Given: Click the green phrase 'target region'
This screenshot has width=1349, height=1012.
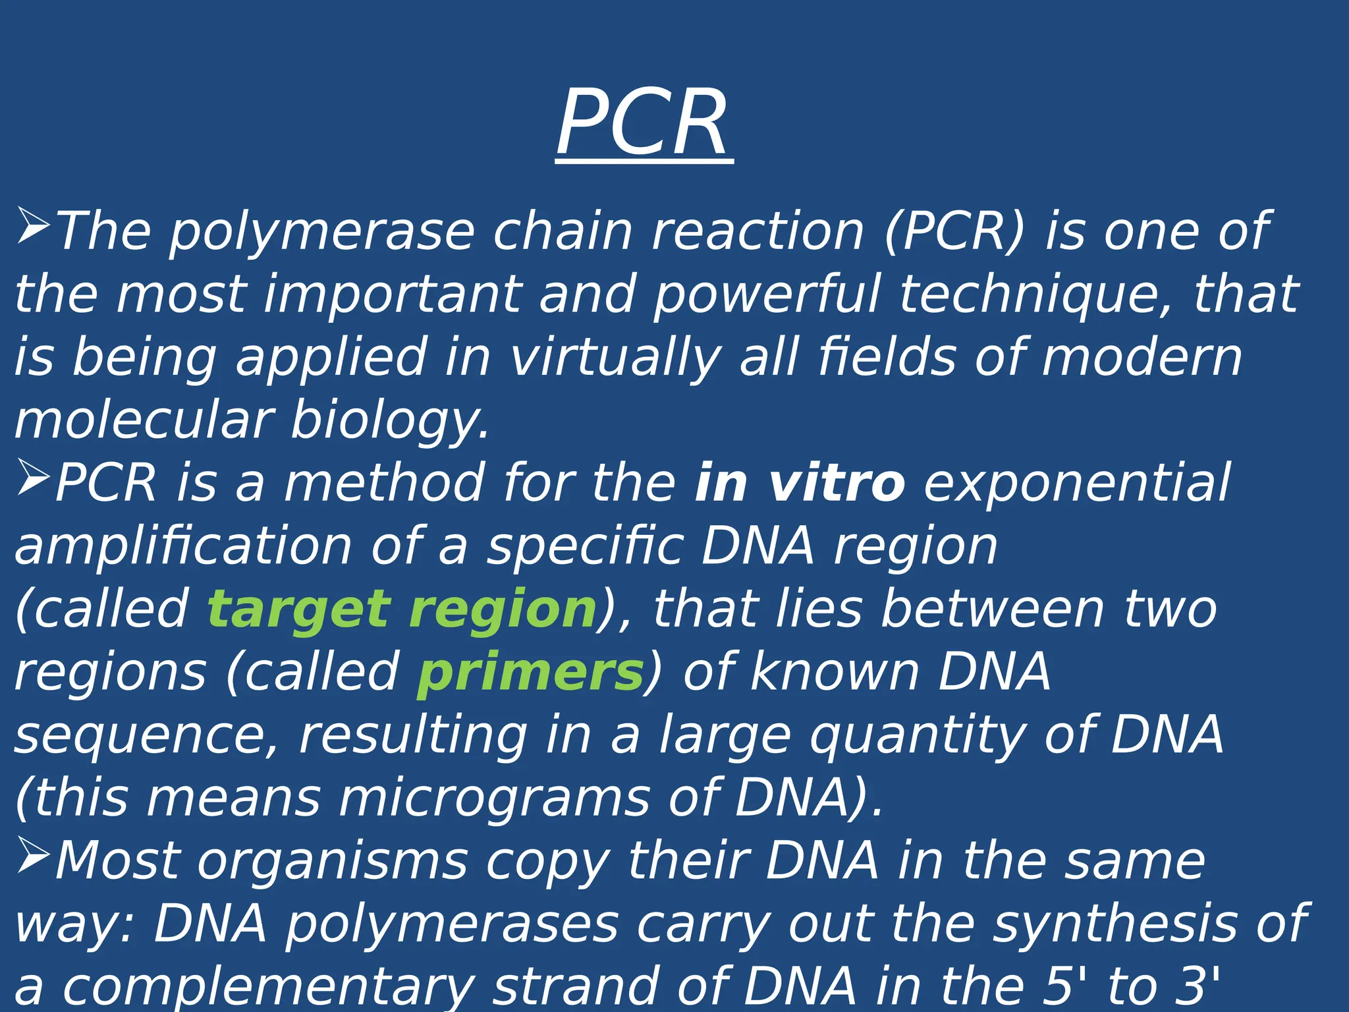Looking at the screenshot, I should (402, 609).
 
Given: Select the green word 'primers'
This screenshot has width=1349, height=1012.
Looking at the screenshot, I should (530, 673).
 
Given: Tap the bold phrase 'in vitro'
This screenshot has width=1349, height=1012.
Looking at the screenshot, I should (800, 483).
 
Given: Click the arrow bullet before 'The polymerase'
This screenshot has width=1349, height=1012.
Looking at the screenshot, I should (33, 225).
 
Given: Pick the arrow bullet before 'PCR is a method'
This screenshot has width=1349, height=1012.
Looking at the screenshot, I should (33, 477).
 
